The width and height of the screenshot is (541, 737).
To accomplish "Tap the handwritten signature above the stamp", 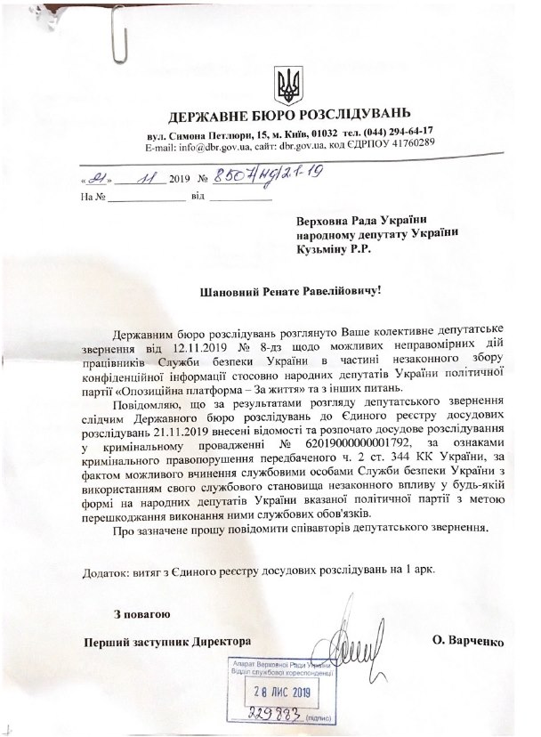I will pos(359,643).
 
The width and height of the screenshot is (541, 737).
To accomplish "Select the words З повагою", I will pos(143,614).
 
